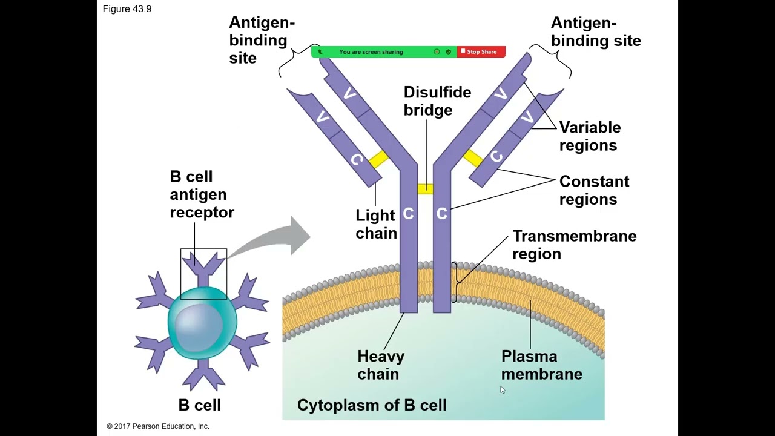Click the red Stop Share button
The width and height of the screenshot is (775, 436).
click(481, 52)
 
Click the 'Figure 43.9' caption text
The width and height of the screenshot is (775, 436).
click(127, 9)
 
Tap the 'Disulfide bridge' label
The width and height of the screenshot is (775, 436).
click(437, 101)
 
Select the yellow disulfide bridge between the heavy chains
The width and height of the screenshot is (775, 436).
click(425, 189)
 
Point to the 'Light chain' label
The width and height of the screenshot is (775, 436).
click(376, 224)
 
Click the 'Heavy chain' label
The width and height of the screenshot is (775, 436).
click(380, 365)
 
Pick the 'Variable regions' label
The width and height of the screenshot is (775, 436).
click(590, 136)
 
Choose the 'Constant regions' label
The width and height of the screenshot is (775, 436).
click(594, 190)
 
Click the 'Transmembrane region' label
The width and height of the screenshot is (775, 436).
click(574, 245)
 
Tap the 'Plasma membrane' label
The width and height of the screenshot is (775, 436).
click(541, 365)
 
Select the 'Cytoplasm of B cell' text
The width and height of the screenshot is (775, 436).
click(372, 405)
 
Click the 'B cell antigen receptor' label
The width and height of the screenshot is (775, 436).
click(202, 194)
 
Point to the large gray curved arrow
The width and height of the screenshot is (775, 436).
click(279, 239)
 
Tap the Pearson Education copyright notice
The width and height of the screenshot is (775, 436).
click(158, 426)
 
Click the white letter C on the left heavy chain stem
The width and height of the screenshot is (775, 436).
click(408, 214)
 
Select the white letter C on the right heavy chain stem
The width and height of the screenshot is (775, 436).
click(441, 214)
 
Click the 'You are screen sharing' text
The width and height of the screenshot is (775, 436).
click(371, 52)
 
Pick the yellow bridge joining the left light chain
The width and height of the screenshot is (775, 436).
click(378, 159)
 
